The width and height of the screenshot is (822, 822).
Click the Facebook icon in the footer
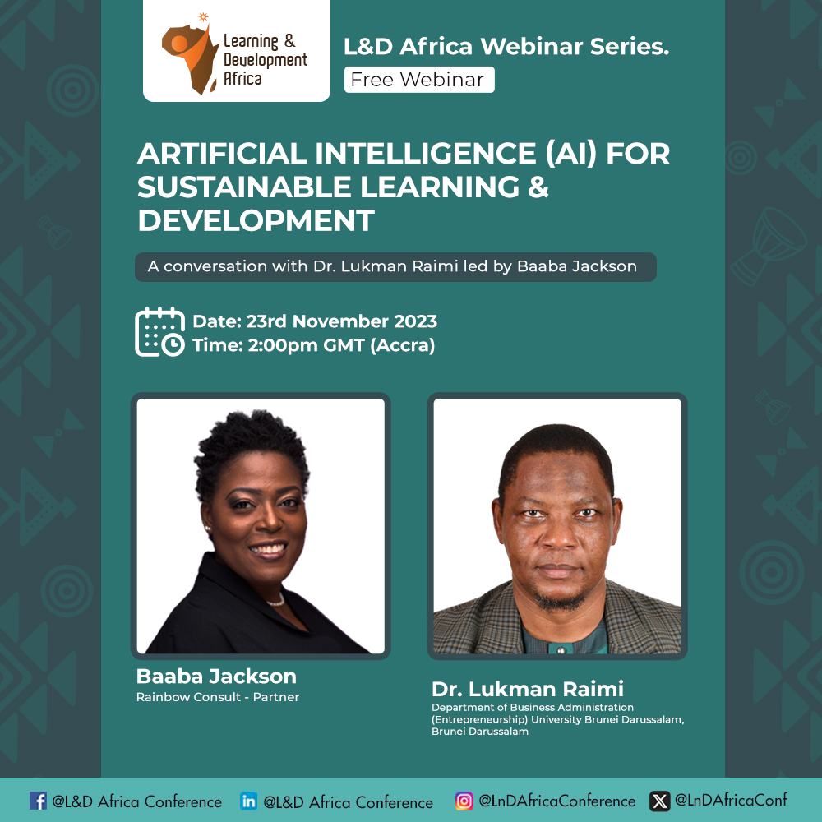pos(38,801)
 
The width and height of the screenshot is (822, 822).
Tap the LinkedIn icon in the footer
pos(248,801)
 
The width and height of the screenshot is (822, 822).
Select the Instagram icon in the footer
pos(464,801)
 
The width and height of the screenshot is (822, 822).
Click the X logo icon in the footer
pos(660,801)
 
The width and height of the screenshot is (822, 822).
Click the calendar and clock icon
pos(160,332)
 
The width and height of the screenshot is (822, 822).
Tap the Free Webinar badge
pos(419,80)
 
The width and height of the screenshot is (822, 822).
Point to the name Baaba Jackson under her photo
pos(216,677)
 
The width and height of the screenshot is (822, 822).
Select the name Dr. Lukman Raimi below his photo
pos(528,689)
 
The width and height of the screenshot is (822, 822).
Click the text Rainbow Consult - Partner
pos(218,697)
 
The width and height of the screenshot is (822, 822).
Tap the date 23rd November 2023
pos(342,321)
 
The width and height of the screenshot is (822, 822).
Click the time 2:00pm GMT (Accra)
pos(341,345)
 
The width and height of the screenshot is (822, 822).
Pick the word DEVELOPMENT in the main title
pos(256,220)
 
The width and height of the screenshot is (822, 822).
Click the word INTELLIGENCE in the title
pos(426,154)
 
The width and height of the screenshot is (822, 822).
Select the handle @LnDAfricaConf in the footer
pos(731,800)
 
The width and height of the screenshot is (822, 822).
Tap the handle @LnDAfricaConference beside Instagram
pos(556,801)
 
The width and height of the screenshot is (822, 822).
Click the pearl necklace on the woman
pos(275,601)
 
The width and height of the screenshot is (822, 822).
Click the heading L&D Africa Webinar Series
pos(506,46)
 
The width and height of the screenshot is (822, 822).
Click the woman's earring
pos(208,529)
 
